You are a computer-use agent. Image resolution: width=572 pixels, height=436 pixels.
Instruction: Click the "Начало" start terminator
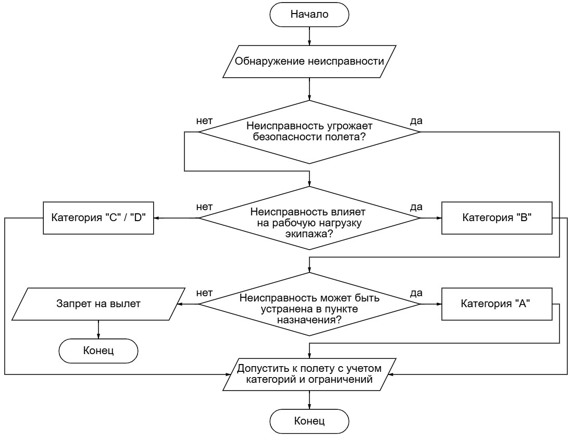tap(309, 15)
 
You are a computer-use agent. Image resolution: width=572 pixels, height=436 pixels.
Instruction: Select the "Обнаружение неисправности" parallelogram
tap(309, 62)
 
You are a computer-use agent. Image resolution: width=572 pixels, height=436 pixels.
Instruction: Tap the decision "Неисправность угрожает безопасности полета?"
tap(309, 132)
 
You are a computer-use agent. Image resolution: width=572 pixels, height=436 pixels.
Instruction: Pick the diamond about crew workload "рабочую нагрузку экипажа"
tap(309, 218)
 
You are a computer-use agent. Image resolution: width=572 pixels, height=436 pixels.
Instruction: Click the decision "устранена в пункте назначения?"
tap(309, 304)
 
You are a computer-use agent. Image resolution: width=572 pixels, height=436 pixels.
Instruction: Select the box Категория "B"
tap(497, 218)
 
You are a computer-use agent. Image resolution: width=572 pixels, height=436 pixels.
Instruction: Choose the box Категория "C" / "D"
tap(98, 218)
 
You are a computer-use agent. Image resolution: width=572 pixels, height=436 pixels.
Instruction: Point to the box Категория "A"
tap(497, 304)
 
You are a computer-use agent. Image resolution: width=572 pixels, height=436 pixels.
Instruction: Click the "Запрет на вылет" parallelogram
tap(98, 304)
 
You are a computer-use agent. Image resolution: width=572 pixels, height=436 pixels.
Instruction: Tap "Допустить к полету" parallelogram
tap(309, 374)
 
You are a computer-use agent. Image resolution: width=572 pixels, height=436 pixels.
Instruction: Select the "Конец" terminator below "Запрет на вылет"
tap(98, 351)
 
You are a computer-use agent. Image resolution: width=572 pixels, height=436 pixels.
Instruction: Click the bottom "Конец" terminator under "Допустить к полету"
tap(309, 421)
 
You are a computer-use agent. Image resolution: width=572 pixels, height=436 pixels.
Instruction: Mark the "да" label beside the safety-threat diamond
tap(416, 121)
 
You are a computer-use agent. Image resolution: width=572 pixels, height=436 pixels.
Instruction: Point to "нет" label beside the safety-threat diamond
tap(204, 121)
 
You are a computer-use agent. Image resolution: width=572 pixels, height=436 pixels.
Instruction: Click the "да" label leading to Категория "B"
tap(416, 207)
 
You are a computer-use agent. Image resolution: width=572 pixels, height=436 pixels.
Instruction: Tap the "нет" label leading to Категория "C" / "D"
tap(204, 207)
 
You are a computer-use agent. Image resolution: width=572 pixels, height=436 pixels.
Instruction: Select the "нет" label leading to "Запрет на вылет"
tap(204, 293)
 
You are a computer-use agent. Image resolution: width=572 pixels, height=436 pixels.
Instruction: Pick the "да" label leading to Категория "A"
tap(416, 293)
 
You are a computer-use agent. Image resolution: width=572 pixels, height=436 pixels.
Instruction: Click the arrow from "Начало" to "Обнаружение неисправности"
tap(309, 36)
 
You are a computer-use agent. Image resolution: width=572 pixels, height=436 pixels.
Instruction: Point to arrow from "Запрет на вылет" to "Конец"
tap(98, 330)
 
